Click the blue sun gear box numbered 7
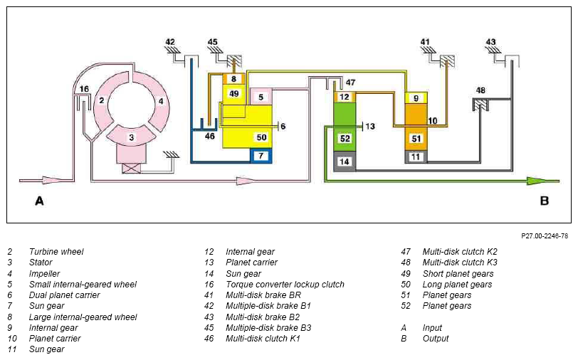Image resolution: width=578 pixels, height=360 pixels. click(261, 156)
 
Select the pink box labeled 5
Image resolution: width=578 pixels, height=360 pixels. click(261, 97)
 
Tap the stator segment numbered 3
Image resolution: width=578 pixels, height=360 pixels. click(132, 137)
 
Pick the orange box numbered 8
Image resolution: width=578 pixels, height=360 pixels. click(233, 79)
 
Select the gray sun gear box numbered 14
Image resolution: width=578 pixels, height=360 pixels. click(345, 162)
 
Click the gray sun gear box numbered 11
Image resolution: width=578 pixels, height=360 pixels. click(416, 157)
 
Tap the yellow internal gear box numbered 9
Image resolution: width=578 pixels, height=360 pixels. click(416, 98)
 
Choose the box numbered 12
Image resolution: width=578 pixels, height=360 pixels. click(345, 97)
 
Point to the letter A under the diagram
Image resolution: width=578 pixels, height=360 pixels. click(39, 201)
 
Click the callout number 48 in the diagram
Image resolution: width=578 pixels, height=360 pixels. click(480, 90)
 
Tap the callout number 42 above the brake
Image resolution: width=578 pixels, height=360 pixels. click(170, 42)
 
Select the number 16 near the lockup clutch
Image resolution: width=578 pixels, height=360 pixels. click(84, 89)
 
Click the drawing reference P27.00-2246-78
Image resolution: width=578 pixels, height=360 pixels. click(545, 235)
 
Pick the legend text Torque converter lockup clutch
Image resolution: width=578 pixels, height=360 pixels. click(285, 285)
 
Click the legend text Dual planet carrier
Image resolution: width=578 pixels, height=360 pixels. click(65, 295)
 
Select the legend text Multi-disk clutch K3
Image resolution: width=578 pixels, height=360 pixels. click(460, 263)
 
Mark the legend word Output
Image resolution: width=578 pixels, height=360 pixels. click(436, 338)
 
